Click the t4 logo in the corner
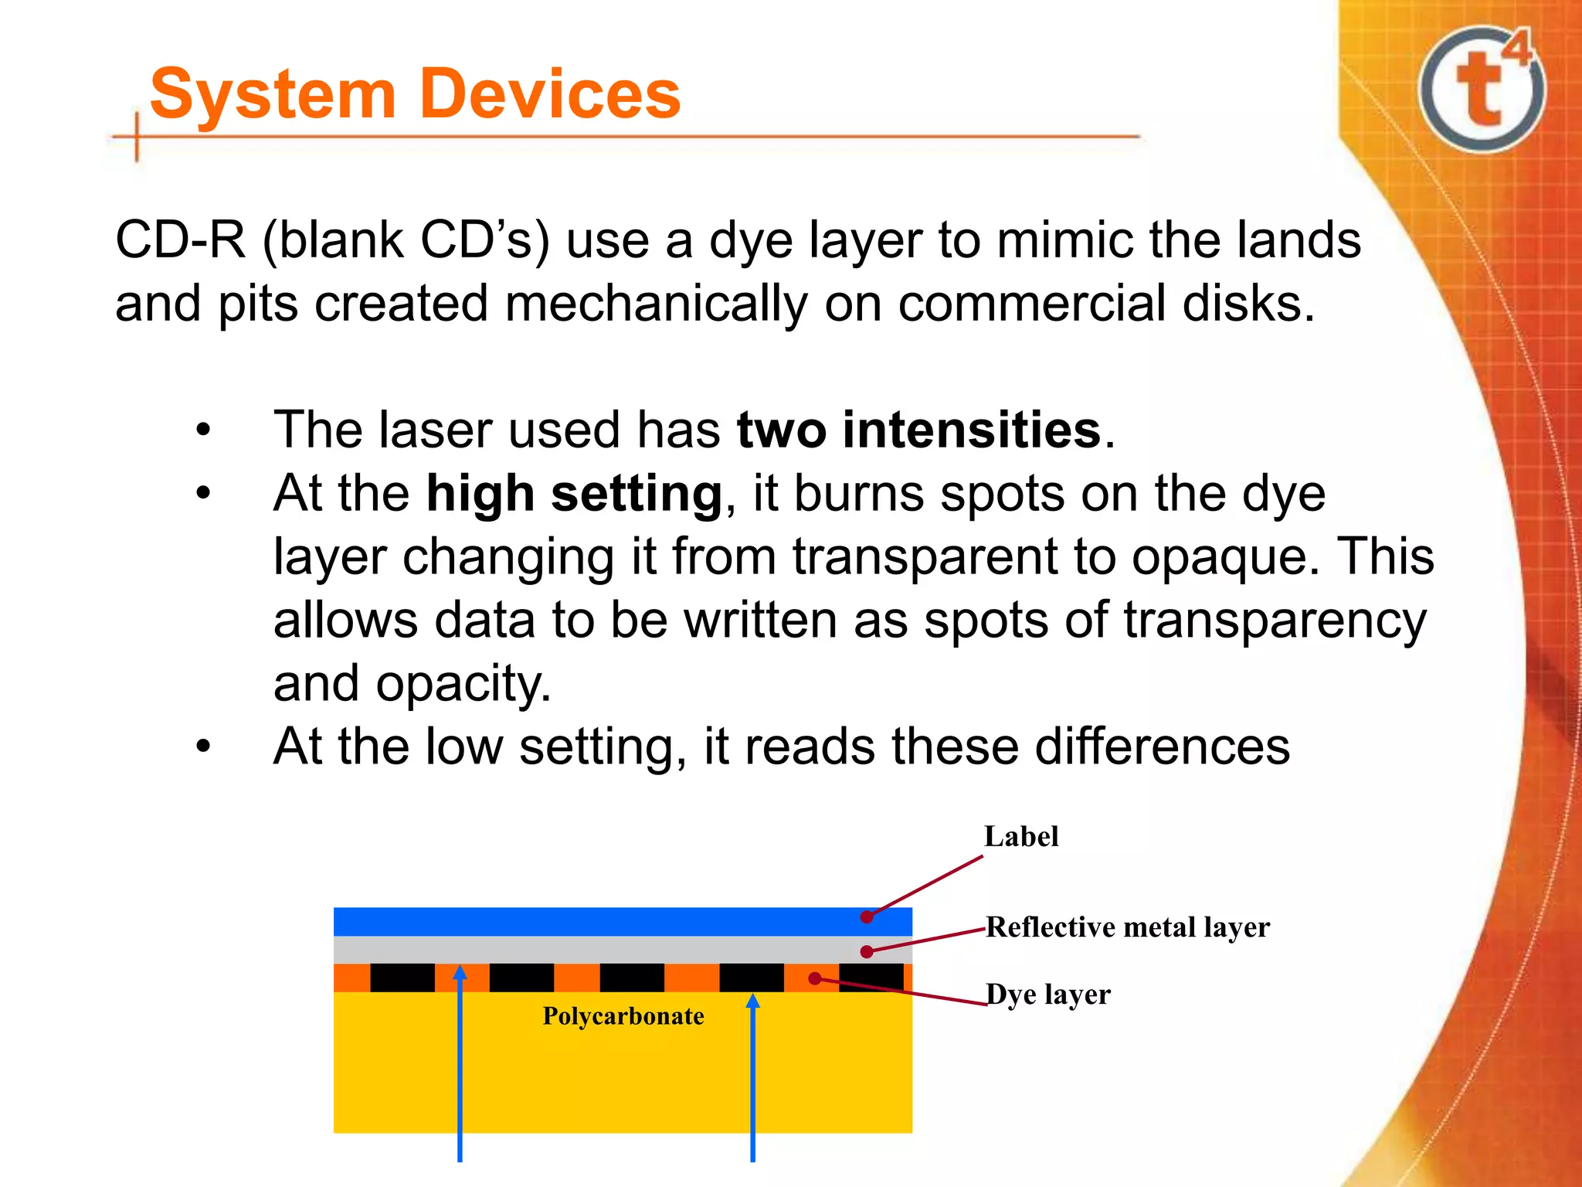click(1482, 89)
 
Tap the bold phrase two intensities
click(918, 430)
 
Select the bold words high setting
click(574, 494)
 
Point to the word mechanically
click(656, 304)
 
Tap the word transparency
click(1274, 621)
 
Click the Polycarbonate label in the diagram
click(623, 1016)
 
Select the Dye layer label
click(1048, 995)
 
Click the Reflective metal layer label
click(1127, 927)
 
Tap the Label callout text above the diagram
click(1020, 837)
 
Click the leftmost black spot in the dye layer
click(402, 978)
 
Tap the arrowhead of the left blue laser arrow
click(460, 972)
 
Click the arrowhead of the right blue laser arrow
click(753, 1001)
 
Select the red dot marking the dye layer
click(814, 979)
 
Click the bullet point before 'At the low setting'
click(202, 747)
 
